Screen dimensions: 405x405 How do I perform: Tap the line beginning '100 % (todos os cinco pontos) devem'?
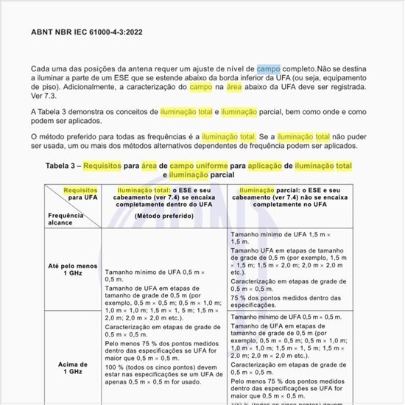(x=163, y=366)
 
